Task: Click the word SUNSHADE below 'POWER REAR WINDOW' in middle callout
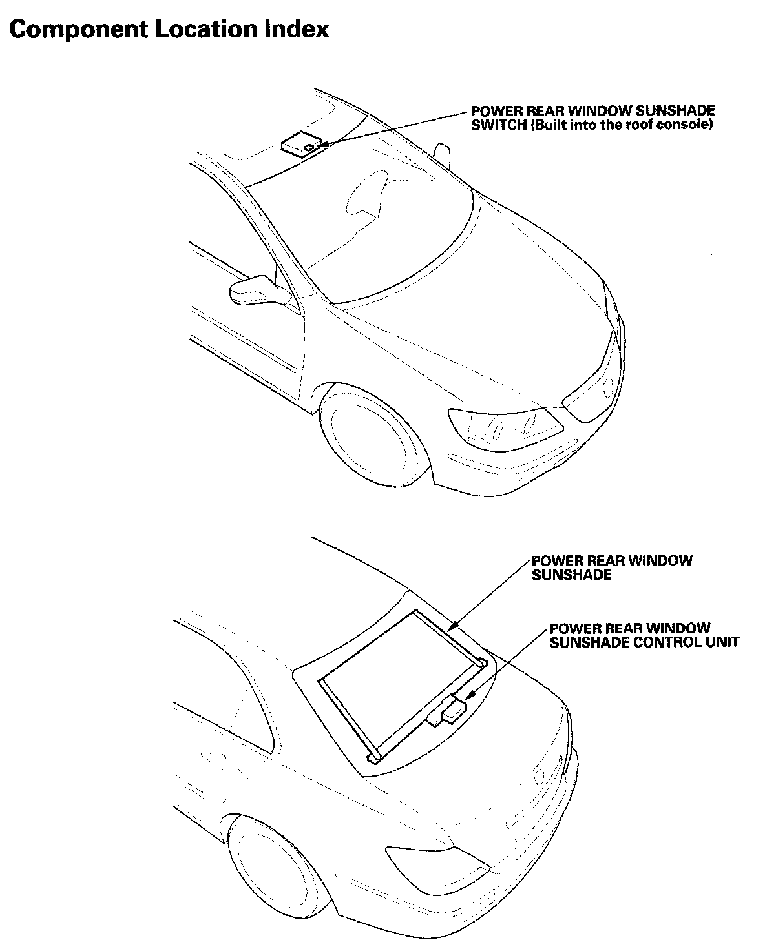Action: tap(571, 575)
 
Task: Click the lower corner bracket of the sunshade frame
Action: tap(373, 757)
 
